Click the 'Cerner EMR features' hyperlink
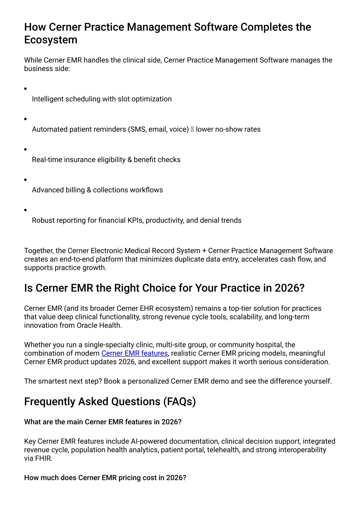click(x=134, y=353)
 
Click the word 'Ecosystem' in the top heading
click(x=51, y=40)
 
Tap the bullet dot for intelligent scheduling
click(x=25, y=89)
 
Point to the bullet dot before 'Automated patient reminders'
click(x=25, y=119)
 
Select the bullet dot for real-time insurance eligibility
click(x=25, y=149)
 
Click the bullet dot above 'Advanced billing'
click(x=25, y=180)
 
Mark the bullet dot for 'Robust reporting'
click(x=25, y=210)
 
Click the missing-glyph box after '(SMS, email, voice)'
click(x=192, y=129)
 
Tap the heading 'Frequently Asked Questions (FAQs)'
click(x=110, y=401)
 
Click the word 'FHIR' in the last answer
click(x=43, y=458)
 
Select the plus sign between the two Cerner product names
click(x=204, y=251)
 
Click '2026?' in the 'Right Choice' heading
click(x=289, y=288)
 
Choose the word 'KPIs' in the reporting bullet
click(x=135, y=220)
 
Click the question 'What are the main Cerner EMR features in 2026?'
click(x=103, y=422)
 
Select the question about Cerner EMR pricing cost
click(x=105, y=478)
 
